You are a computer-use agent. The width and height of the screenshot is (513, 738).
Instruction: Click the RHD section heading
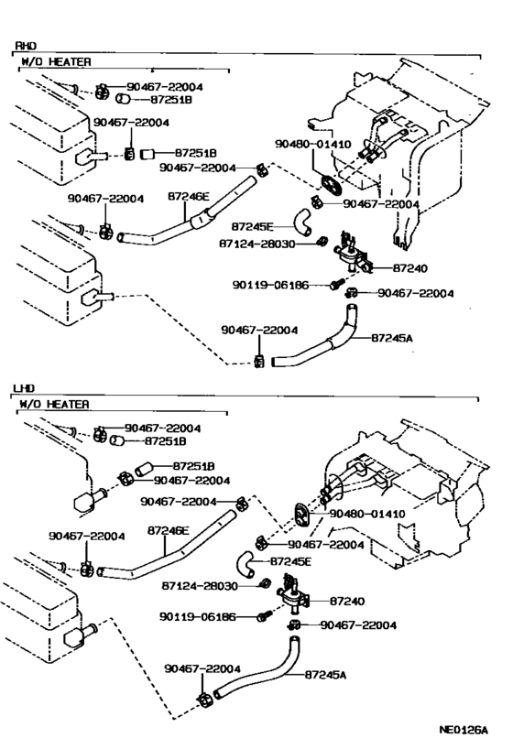26,45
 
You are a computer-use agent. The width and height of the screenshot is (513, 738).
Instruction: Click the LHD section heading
26,388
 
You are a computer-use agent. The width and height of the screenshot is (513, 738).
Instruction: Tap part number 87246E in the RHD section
191,196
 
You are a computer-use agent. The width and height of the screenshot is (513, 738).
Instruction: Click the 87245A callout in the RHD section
393,338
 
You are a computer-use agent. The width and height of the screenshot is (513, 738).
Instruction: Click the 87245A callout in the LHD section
329,674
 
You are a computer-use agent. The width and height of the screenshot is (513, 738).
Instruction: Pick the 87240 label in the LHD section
347,601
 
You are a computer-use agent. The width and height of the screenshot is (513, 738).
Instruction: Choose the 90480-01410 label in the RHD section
312,144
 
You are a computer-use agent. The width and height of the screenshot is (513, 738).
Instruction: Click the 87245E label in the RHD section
253,224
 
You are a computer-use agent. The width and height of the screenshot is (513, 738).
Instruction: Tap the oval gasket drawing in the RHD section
329,181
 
